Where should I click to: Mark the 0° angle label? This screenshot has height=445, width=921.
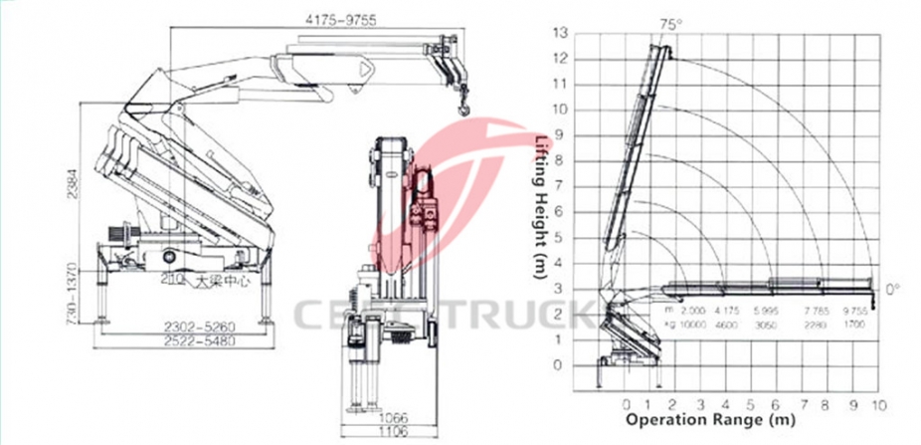click(x=891, y=288)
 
